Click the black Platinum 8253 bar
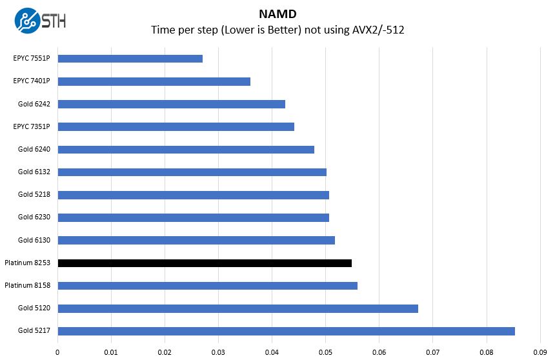(x=205, y=263)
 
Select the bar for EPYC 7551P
(x=130, y=59)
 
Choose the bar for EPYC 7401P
(x=154, y=81)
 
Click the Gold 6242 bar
(x=172, y=104)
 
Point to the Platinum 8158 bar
(x=208, y=286)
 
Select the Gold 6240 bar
(x=186, y=150)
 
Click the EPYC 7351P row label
(x=32, y=126)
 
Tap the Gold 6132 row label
(x=34, y=172)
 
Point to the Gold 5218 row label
(x=34, y=195)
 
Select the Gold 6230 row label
(x=34, y=217)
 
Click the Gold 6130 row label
(x=34, y=241)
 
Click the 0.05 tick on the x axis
(x=325, y=352)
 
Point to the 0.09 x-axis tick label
(x=540, y=352)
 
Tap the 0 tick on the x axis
(x=58, y=352)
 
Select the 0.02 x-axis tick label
(x=165, y=352)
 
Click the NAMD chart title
(x=277, y=13)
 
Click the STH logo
(x=40, y=21)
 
